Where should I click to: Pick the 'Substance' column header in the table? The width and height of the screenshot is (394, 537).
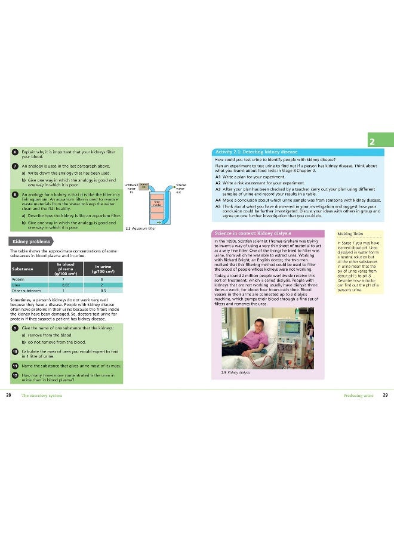point(23,268)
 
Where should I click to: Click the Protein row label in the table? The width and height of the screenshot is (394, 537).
point(18,279)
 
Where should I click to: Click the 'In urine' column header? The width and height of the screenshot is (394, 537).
point(103,267)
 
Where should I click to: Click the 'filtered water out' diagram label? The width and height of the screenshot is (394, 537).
point(181,189)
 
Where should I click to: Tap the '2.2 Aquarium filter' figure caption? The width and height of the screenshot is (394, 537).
point(141,228)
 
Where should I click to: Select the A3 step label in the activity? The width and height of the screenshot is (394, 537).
point(218,189)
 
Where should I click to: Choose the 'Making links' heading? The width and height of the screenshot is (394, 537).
point(349,234)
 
